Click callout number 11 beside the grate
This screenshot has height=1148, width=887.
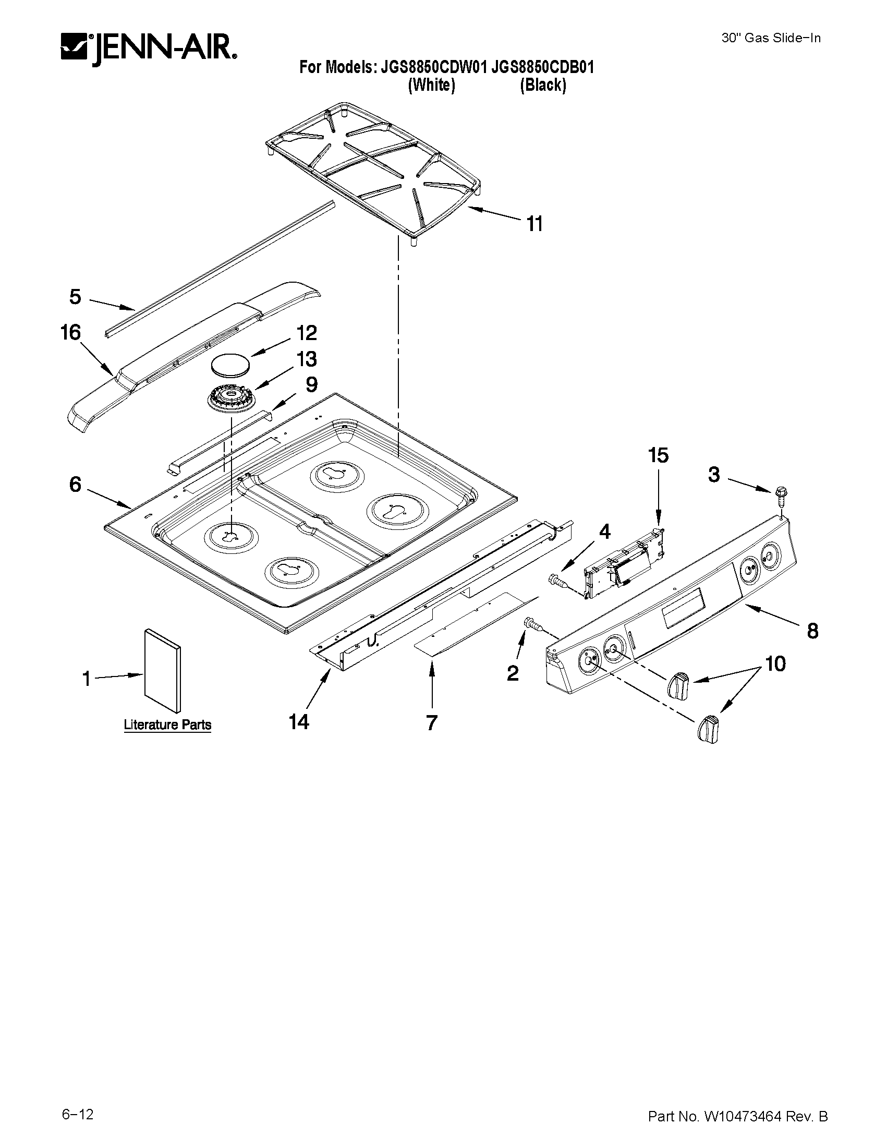coord(534,224)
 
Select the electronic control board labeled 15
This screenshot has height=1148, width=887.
coord(624,563)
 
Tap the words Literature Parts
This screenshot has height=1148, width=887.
coord(167,725)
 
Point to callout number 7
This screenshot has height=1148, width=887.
coord(431,723)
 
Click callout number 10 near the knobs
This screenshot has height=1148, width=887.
coord(775,664)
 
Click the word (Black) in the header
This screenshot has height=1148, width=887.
coord(543,85)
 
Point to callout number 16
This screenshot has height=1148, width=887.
coord(70,332)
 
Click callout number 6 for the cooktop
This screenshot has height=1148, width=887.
coord(75,484)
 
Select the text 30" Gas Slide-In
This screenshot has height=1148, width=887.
coord(770,38)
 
